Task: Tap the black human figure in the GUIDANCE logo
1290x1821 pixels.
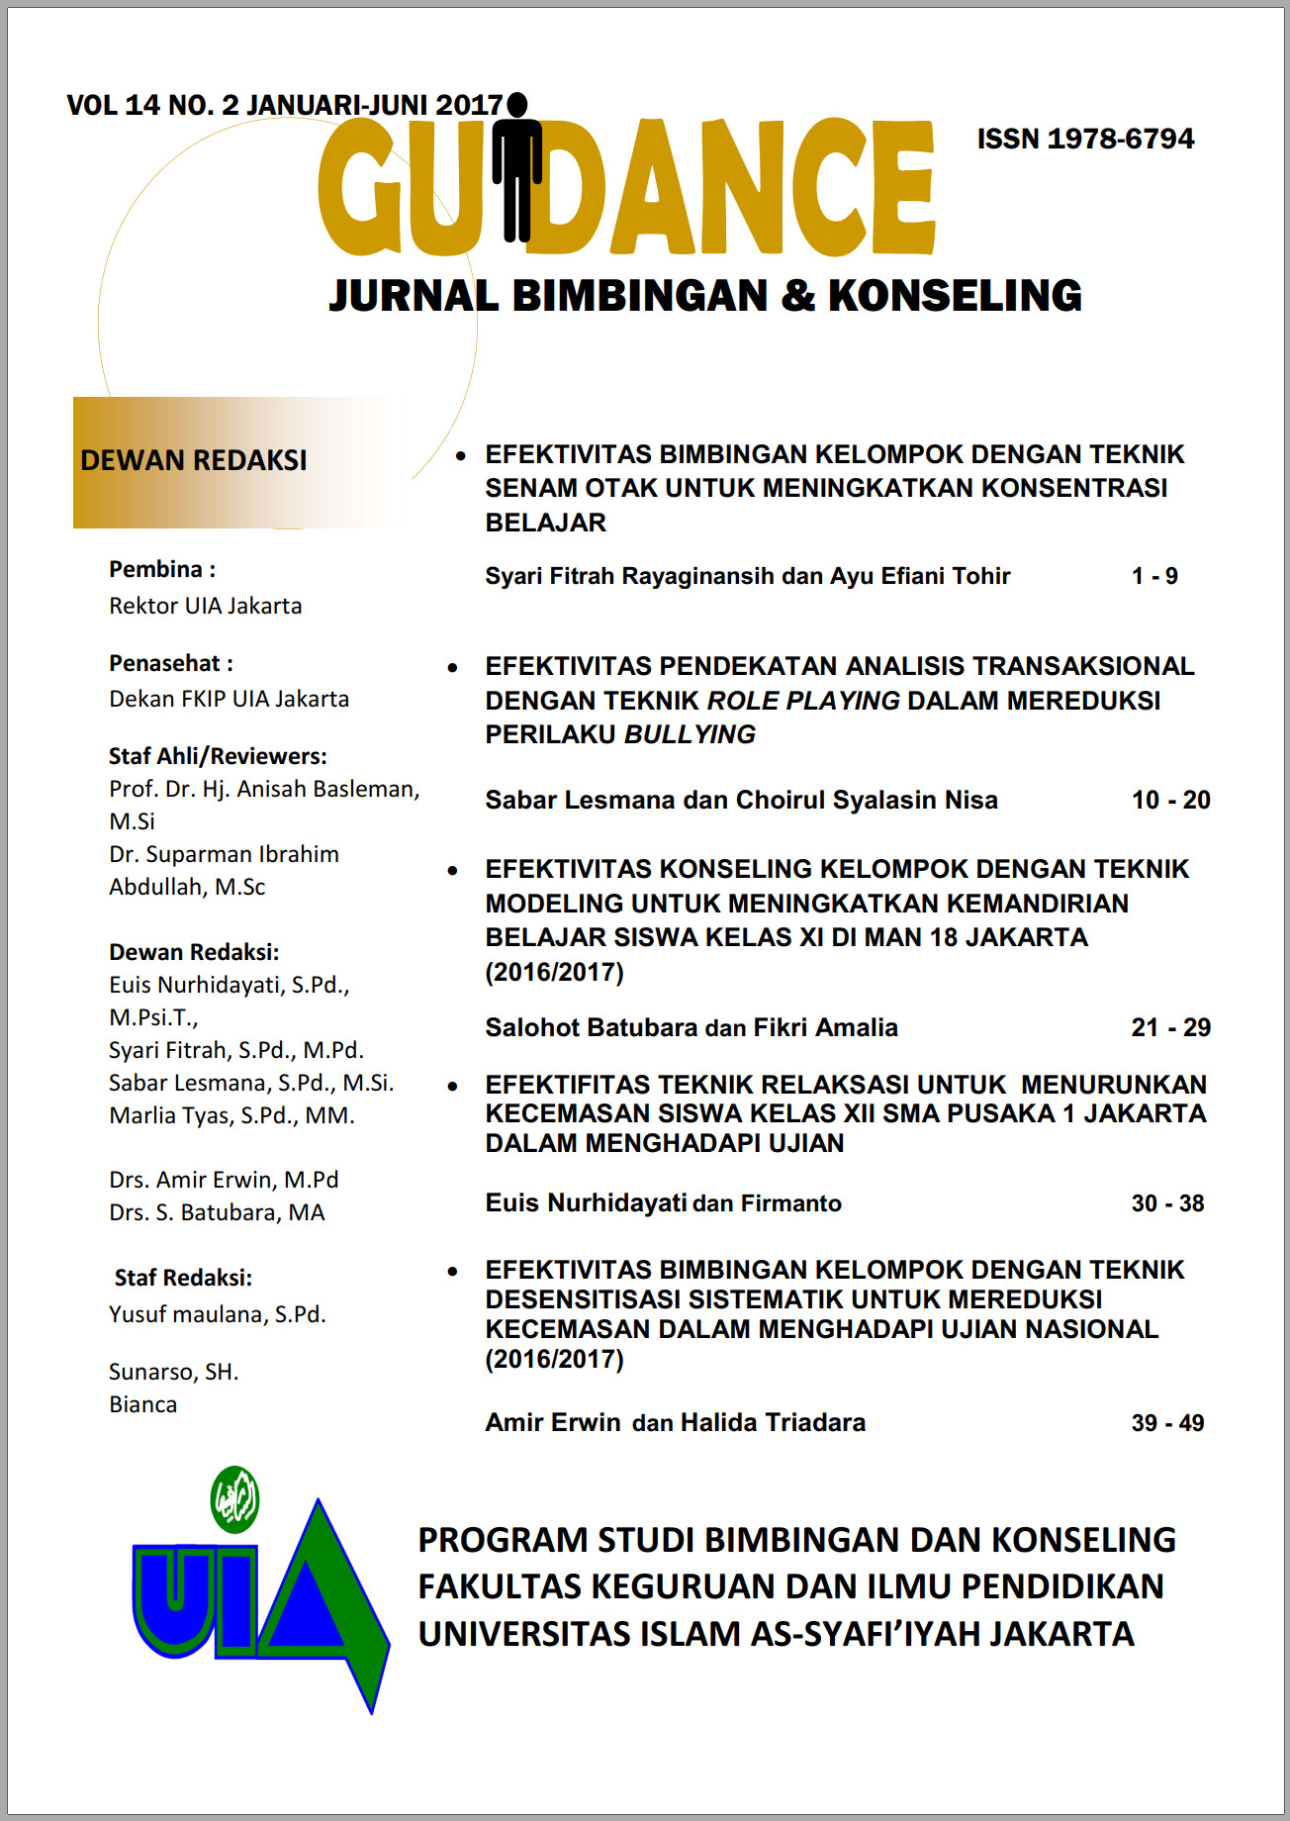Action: click(516, 168)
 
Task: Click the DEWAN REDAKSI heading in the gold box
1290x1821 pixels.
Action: click(194, 461)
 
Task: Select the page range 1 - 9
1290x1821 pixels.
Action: click(1154, 576)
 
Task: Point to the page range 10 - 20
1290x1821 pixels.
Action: click(1170, 800)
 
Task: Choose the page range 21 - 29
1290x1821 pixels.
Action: click(1170, 1027)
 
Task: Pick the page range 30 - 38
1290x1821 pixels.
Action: click(1167, 1203)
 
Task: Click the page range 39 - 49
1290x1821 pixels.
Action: click(1167, 1423)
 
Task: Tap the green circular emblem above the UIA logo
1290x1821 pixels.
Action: click(235, 1499)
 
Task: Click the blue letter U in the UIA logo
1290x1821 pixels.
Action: click(174, 1598)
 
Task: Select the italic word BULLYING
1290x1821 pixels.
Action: click(690, 734)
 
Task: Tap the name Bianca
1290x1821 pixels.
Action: click(143, 1404)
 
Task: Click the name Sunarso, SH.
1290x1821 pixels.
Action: click(174, 1372)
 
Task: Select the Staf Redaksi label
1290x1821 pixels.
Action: click(183, 1278)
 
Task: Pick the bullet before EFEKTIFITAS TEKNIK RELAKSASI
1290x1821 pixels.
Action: click(453, 1086)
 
